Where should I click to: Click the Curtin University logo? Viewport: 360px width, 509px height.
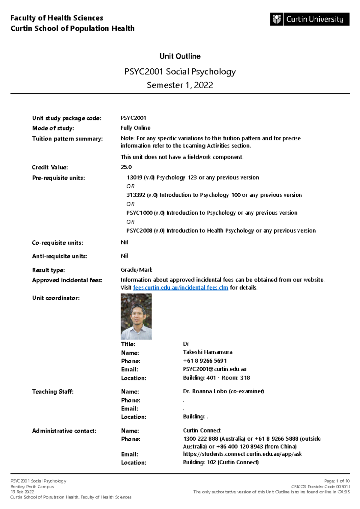click(x=310, y=19)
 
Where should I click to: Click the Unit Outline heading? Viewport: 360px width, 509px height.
click(x=180, y=56)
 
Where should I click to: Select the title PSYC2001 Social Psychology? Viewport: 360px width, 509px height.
click(x=180, y=72)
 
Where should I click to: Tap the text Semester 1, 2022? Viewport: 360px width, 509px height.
click(x=180, y=85)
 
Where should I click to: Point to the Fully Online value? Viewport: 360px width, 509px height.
click(x=135, y=128)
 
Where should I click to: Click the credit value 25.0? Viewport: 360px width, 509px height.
click(x=126, y=167)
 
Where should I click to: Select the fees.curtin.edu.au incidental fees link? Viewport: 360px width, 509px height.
click(x=180, y=288)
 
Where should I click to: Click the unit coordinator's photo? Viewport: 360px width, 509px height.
click(x=136, y=316)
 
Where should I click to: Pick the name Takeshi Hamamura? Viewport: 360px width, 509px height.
click(x=208, y=352)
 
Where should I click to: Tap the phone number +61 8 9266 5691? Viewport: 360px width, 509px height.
click(x=205, y=361)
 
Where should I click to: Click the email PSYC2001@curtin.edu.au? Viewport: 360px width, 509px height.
click(x=214, y=369)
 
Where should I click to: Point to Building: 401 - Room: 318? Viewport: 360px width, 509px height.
click(x=216, y=378)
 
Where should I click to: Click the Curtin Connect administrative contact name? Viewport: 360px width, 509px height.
click(x=202, y=430)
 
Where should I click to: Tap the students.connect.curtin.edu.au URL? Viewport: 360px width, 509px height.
click(x=242, y=454)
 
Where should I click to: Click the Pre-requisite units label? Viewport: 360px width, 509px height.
click(x=58, y=178)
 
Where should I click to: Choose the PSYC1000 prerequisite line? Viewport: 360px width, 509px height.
click(x=212, y=213)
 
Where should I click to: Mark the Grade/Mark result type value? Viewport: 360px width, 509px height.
click(x=136, y=270)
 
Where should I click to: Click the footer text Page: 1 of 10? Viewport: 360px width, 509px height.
click(x=337, y=481)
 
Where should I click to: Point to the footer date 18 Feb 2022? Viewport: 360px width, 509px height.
click(x=22, y=492)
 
